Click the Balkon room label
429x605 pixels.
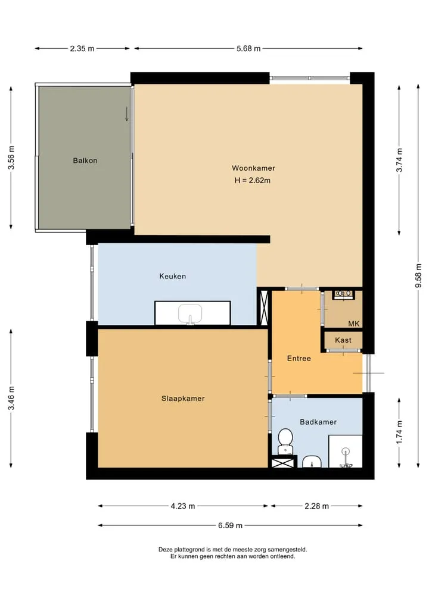85,161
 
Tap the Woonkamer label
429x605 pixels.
254,168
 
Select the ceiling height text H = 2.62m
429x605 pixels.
253,180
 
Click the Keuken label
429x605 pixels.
172,276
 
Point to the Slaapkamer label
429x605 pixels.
183,399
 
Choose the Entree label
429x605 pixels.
299,359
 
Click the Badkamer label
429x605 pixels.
318,422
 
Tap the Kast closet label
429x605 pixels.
343,340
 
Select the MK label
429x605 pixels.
354,324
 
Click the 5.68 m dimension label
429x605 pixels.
248,49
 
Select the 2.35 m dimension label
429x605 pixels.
82,49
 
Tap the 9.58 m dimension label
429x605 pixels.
418,275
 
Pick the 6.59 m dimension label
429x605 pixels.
230,525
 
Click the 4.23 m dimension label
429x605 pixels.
183,506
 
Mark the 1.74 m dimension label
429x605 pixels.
399,432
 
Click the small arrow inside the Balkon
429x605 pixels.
127,114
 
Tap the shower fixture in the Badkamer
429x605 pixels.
346,457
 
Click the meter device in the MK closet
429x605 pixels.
343,294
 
